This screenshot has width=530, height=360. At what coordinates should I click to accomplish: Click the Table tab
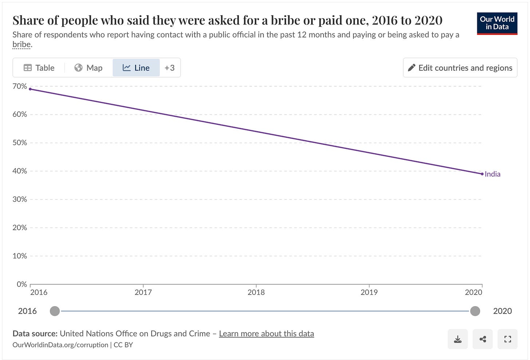(x=39, y=68)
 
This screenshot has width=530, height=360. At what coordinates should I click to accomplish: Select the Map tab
(x=88, y=68)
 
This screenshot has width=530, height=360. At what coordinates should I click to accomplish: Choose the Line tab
(x=136, y=68)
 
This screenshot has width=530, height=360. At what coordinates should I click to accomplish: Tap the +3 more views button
(x=170, y=68)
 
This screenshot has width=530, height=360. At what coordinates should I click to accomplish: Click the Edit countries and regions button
(x=460, y=68)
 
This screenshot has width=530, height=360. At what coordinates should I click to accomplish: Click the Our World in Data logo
(x=497, y=23)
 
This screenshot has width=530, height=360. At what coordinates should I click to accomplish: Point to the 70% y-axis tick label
(x=20, y=86)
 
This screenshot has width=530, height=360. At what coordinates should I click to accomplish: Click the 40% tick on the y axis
(x=20, y=171)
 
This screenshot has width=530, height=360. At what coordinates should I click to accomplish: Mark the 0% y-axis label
(x=22, y=284)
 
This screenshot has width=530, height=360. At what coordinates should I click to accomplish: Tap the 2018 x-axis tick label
(x=256, y=292)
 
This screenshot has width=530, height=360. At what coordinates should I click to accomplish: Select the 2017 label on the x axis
(x=143, y=292)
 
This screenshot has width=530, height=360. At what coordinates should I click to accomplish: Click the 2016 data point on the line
(x=30, y=89)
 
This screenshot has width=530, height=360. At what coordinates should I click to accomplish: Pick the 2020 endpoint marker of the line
(x=482, y=174)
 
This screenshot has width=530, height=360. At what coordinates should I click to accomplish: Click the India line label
(x=493, y=174)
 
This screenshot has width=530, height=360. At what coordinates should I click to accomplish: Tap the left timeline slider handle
(x=55, y=311)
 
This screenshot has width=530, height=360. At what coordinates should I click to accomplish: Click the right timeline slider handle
(x=475, y=311)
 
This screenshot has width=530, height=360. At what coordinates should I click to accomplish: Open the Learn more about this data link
(x=266, y=333)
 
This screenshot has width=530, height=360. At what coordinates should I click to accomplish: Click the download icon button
(x=458, y=339)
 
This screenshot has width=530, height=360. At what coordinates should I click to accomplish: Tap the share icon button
(x=483, y=339)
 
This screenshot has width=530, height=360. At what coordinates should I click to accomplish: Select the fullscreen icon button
(x=507, y=339)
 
